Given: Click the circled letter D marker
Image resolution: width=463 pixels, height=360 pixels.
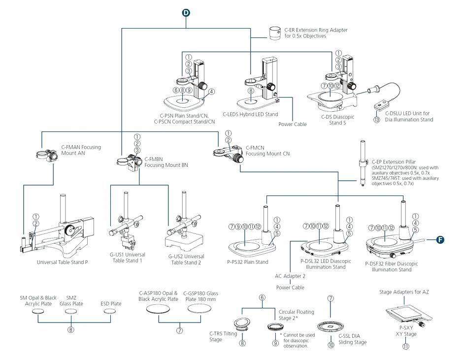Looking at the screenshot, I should (x=186, y=11).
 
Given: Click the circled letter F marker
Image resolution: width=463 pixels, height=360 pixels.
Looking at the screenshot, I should (x=441, y=240).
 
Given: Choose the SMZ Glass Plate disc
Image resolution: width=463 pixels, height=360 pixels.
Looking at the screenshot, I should (x=72, y=312).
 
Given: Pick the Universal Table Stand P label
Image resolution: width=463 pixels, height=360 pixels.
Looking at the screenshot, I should (x=63, y=262).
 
